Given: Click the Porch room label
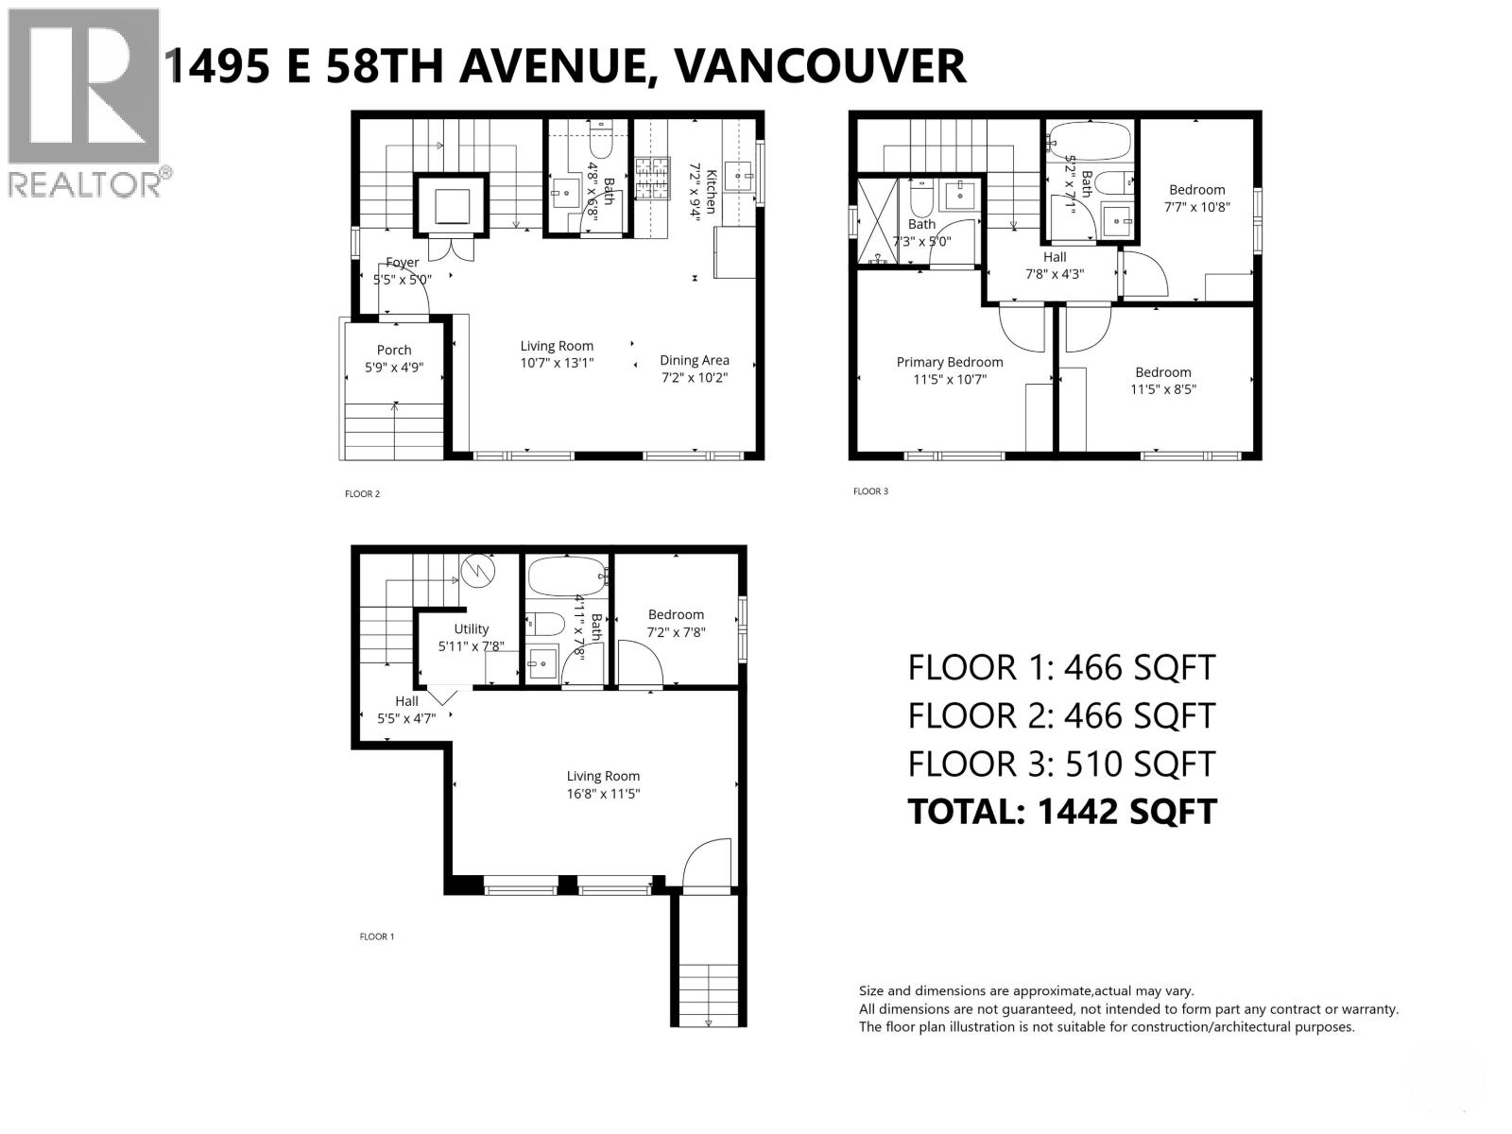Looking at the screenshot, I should click(x=394, y=350).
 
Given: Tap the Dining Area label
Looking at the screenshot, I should click(x=694, y=360).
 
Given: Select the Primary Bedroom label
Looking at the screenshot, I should click(x=950, y=362).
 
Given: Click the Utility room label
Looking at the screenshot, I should click(x=471, y=628).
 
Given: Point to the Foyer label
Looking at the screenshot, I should click(x=402, y=263).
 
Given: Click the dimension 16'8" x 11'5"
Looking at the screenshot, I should click(x=603, y=794).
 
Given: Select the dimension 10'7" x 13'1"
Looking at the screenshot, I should click(x=557, y=362).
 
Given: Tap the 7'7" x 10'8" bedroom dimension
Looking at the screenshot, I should click(x=1197, y=207).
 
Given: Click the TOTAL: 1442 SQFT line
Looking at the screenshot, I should click(x=1061, y=812).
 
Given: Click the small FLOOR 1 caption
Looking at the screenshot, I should click(x=376, y=936).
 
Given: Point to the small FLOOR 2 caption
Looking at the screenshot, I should click(x=362, y=494).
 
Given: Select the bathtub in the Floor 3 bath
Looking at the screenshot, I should click(x=1090, y=143).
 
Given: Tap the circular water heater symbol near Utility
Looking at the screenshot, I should click(x=479, y=570).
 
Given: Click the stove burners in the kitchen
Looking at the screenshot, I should click(x=651, y=180).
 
